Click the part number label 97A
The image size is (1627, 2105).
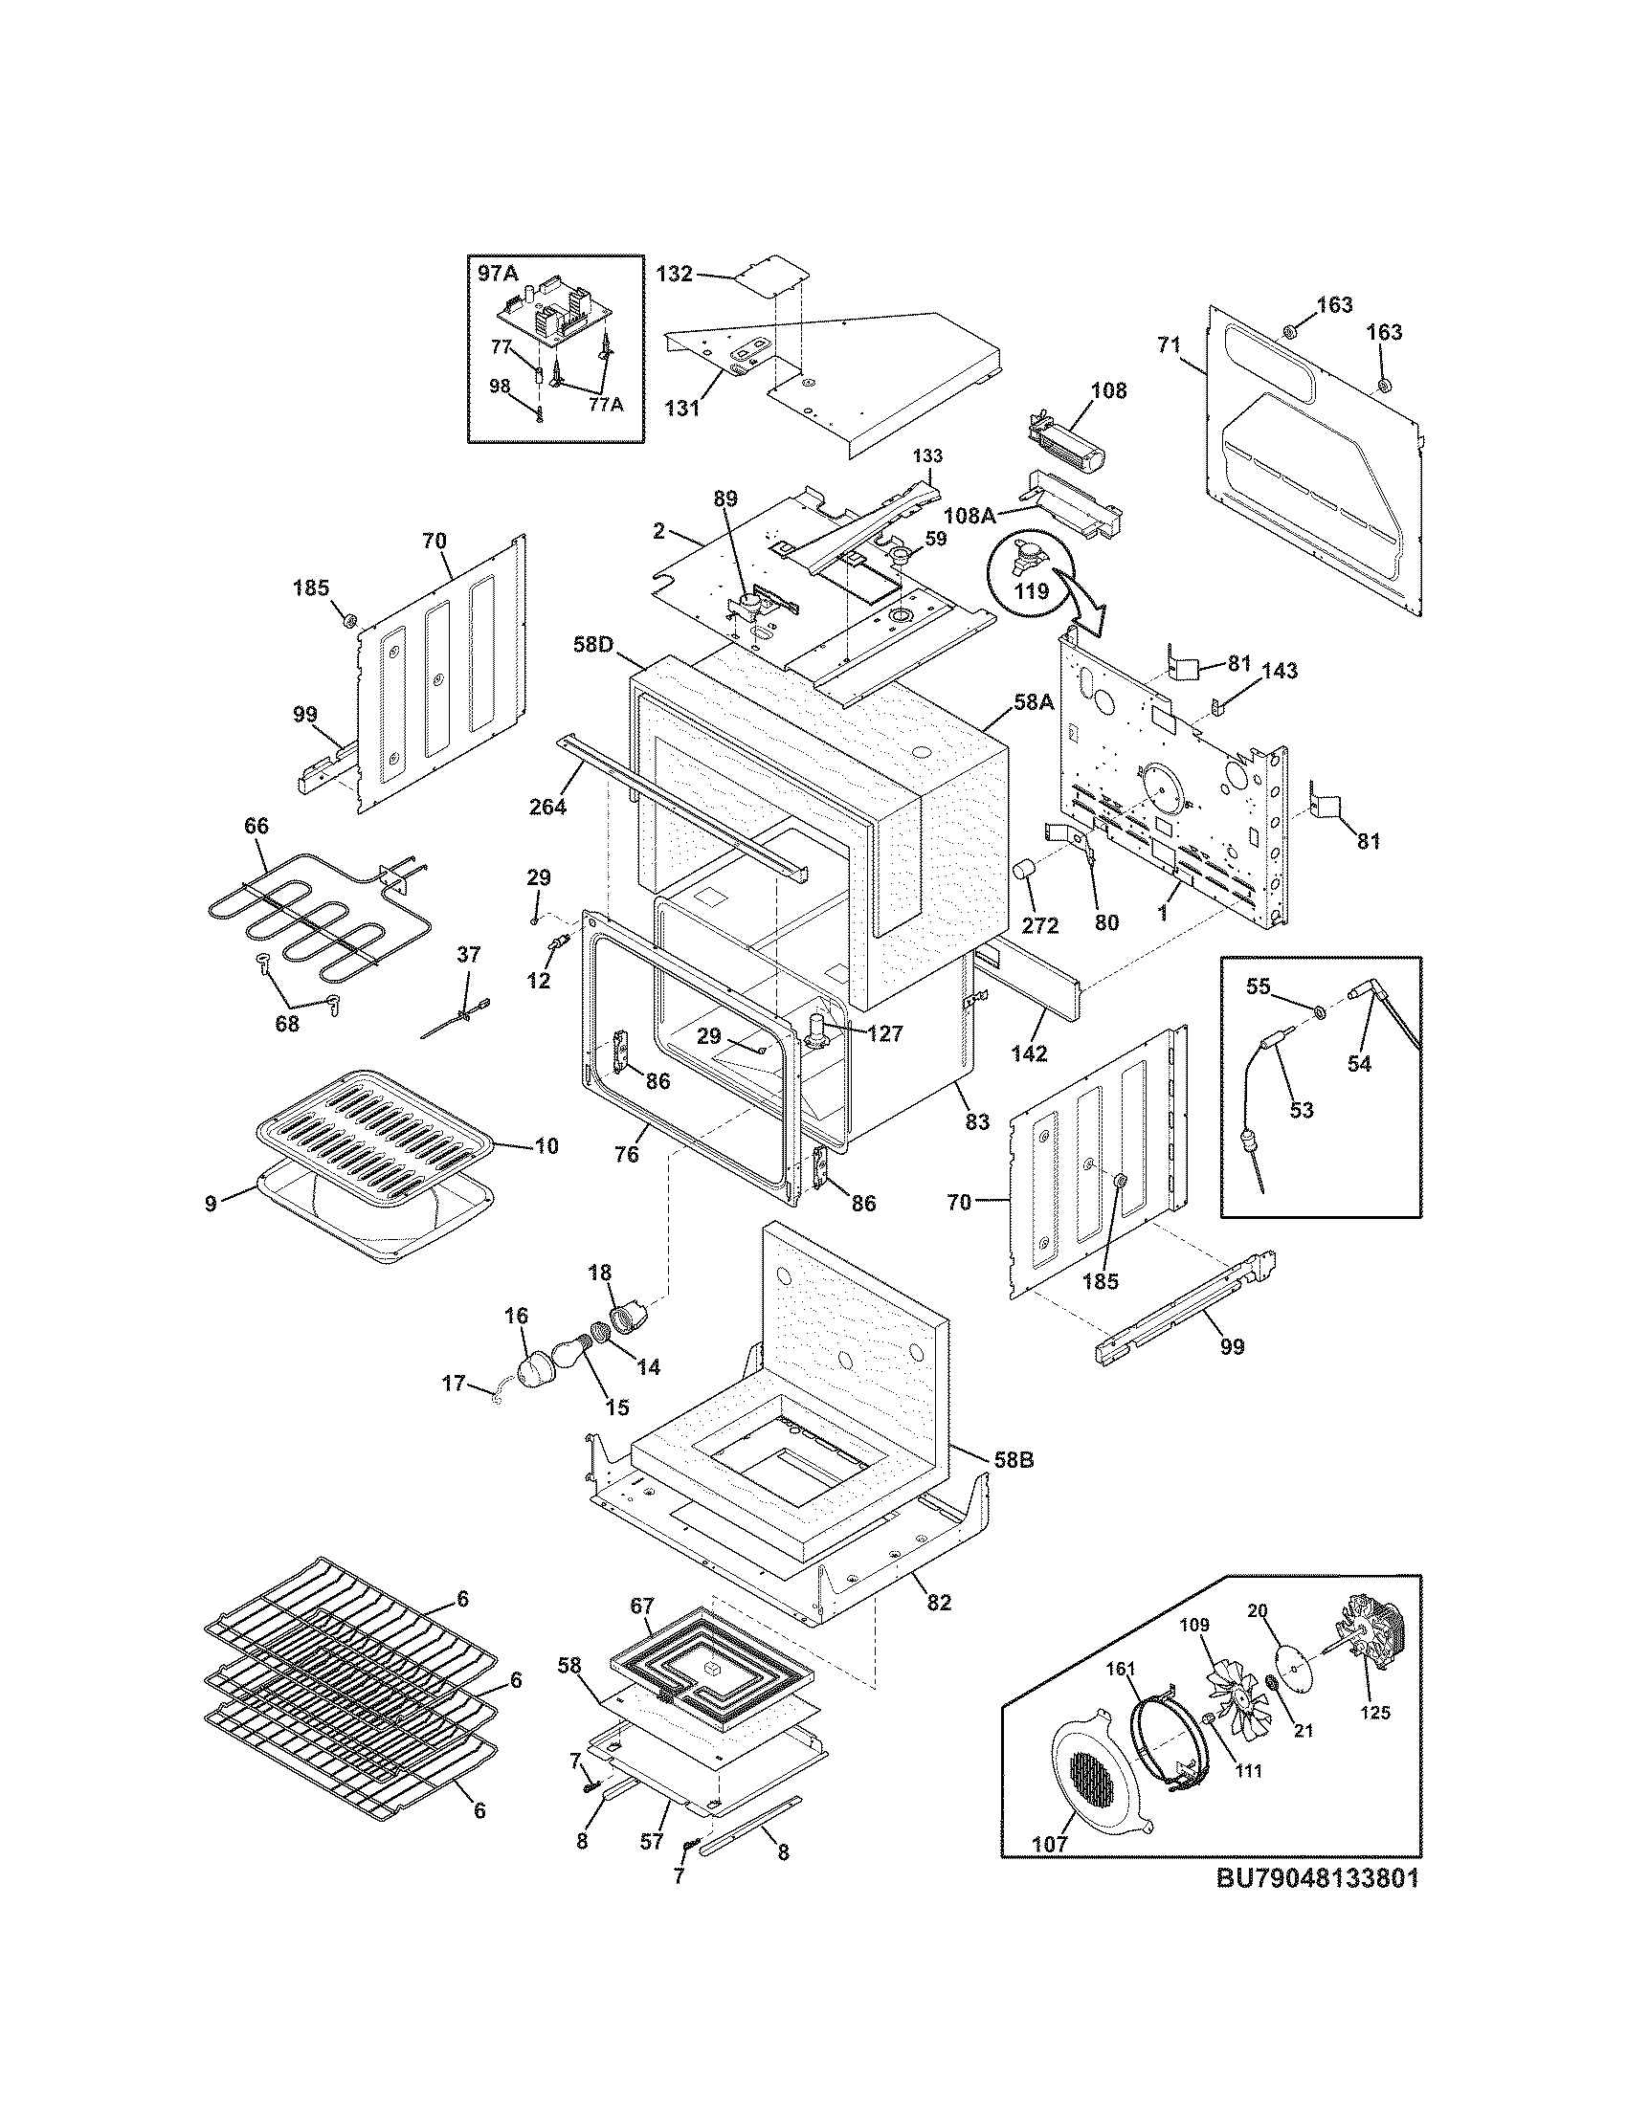(x=499, y=274)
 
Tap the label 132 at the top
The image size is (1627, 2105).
(x=674, y=274)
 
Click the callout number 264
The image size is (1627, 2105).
(x=547, y=807)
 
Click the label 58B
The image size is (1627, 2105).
(x=1013, y=1486)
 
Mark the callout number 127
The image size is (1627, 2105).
(x=884, y=1033)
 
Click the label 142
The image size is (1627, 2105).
(x=1029, y=1053)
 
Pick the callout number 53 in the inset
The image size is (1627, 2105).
(x=1302, y=1109)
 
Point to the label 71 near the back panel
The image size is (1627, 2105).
(x=1168, y=344)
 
